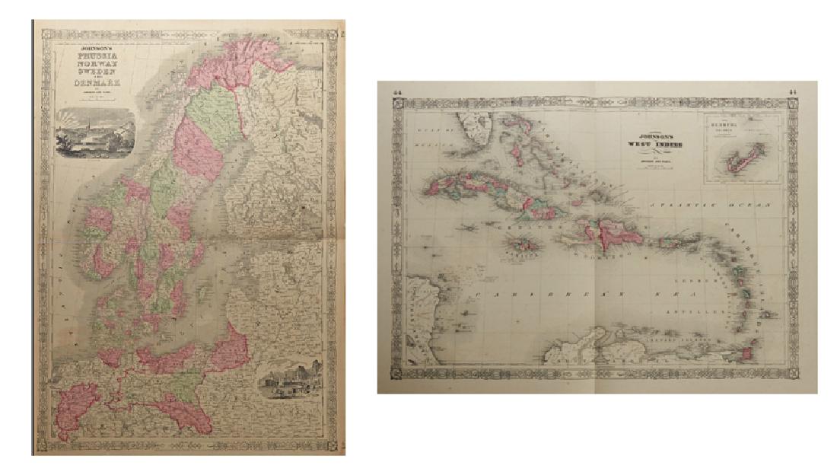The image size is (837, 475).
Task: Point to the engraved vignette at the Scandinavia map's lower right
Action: pyautogui.click(x=289, y=381)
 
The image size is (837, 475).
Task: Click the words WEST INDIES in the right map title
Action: pyautogui.click(x=653, y=144)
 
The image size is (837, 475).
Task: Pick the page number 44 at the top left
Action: pyautogui.click(x=396, y=93)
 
